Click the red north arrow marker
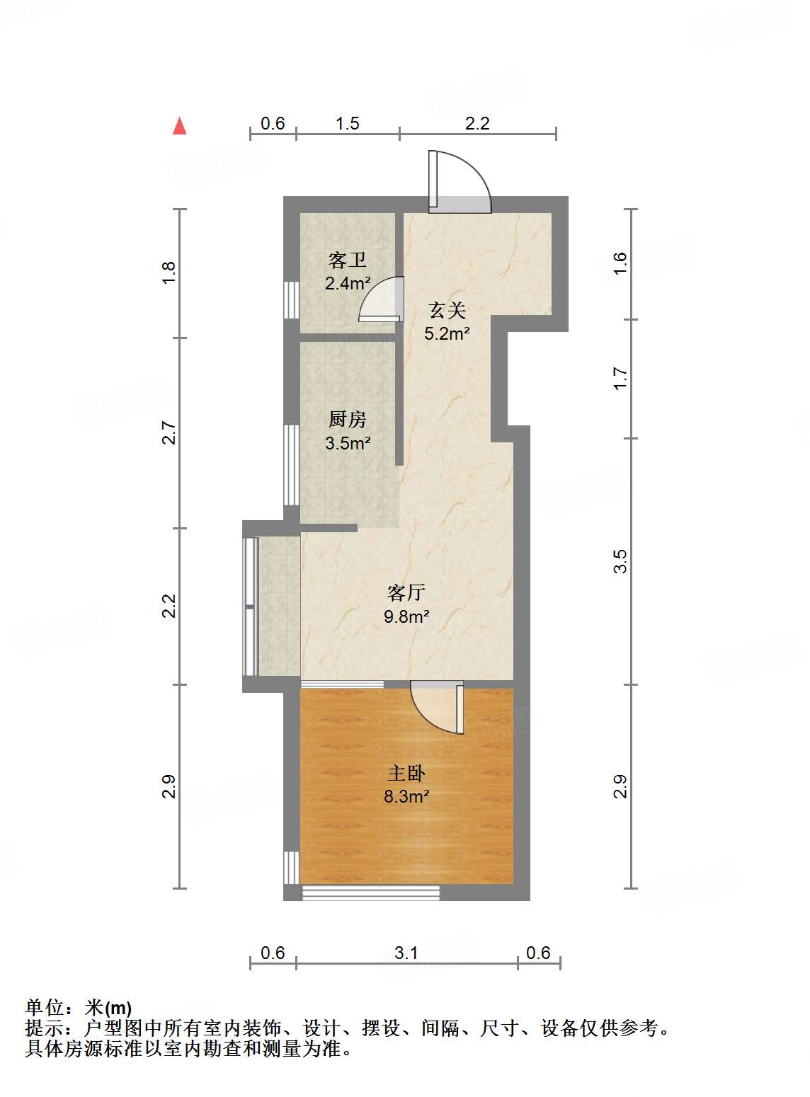point(180,126)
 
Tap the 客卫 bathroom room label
point(348,261)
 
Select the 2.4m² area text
point(348,284)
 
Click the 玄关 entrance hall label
point(447,310)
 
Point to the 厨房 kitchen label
point(348,420)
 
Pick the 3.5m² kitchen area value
point(348,444)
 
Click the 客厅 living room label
point(406,592)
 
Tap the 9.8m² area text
point(406,616)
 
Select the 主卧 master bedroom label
point(406,773)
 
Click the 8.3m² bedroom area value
point(406,797)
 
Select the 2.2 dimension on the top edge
point(477,124)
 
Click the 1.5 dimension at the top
point(347,124)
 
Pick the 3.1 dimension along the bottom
point(406,953)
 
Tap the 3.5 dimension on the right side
point(620,561)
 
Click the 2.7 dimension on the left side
point(168,432)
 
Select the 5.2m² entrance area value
point(447,333)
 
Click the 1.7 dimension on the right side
point(620,378)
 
